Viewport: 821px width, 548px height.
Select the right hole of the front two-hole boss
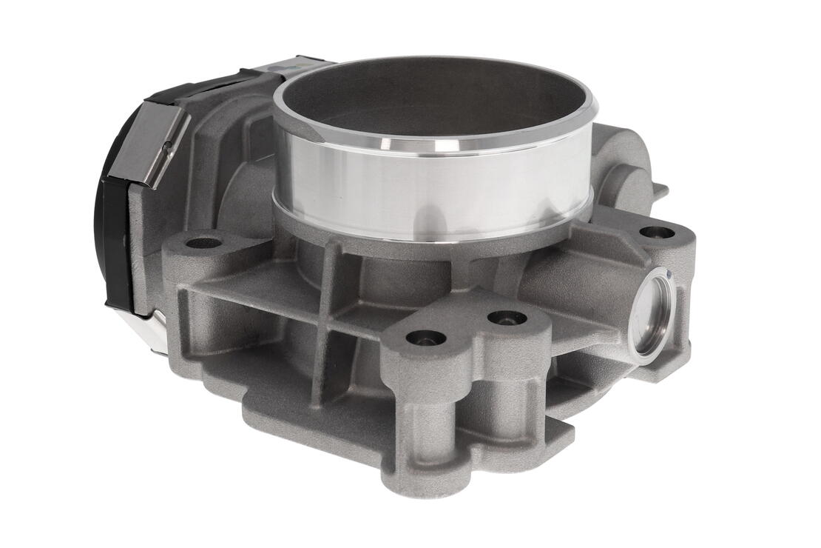(507, 318)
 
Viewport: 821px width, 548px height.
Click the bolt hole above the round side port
(656, 232)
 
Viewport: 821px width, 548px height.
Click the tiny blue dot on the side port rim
(670, 276)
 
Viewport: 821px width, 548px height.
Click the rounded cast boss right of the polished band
(629, 170)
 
